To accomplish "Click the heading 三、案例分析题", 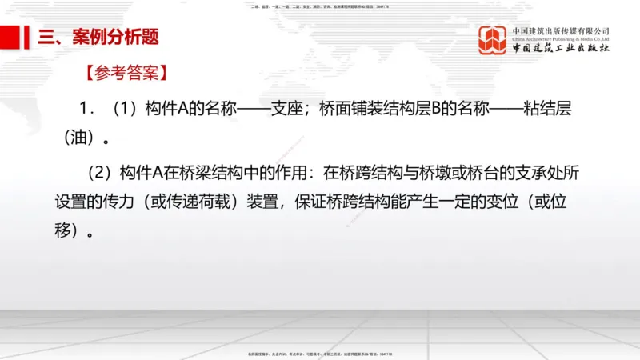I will coord(93,37).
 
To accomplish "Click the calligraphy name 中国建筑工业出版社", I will coord(561,49).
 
